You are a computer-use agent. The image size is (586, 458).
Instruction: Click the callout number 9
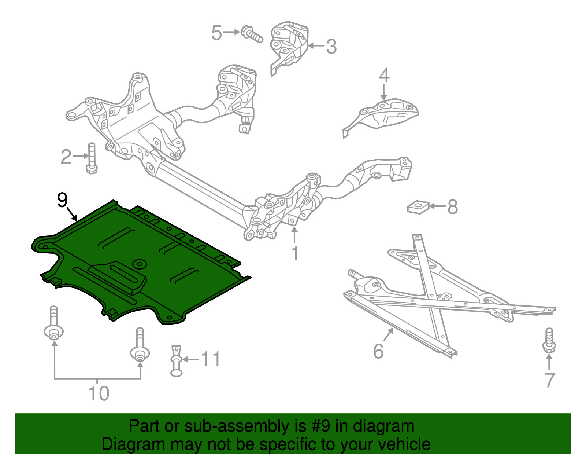pyautogui.click(x=63, y=200)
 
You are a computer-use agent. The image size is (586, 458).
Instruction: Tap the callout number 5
pyautogui.click(x=216, y=33)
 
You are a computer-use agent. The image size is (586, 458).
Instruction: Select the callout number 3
pyautogui.click(x=331, y=47)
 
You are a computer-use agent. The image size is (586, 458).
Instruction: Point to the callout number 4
pyautogui.click(x=384, y=75)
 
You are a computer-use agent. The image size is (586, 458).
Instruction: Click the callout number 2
pyautogui.click(x=66, y=157)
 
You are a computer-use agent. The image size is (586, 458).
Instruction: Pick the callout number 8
pyautogui.click(x=453, y=207)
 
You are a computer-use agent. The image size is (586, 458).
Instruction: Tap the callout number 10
pyautogui.click(x=99, y=393)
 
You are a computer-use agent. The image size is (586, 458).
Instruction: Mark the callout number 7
pyautogui.click(x=550, y=380)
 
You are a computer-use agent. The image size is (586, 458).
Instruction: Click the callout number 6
pyautogui.click(x=378, y=351)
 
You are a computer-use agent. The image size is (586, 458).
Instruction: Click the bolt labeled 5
pyautogui.click(x=252, y=34)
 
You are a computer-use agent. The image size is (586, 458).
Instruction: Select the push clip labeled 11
pyautogui.click(x=177, y=361)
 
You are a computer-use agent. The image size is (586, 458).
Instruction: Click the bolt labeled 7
pyautogui.click(x=549, y=341)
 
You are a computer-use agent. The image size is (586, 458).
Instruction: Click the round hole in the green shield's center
pyautogui.click(x=139, y=263)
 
